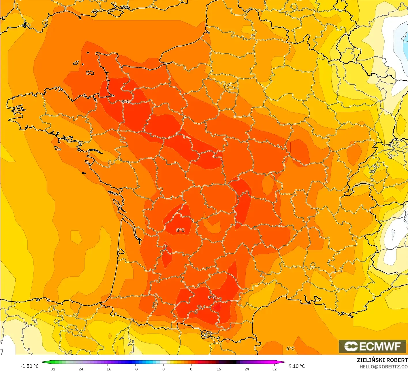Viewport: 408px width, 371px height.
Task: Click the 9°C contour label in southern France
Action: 212,297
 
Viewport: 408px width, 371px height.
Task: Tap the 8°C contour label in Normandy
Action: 125,102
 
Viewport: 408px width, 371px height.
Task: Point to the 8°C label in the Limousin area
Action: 181,230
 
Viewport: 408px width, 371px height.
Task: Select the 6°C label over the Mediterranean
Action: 290,349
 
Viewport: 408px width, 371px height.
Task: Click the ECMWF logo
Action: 373,346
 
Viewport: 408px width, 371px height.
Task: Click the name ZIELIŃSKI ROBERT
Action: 382,360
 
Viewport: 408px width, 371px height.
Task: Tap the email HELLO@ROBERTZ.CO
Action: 383,367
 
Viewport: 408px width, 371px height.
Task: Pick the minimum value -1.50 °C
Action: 29,366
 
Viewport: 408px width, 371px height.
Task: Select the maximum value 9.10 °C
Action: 297,366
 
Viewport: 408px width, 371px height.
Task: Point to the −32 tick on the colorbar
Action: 52,369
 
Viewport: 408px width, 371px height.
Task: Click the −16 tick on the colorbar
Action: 108,369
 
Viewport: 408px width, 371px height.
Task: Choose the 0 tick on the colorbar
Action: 163,369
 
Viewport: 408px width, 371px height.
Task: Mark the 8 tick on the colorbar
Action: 191,369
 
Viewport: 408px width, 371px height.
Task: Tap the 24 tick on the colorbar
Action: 247,369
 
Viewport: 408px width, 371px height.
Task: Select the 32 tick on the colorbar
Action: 274,369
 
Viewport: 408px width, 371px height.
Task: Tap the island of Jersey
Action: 90,73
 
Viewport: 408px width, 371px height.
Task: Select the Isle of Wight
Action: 115,12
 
